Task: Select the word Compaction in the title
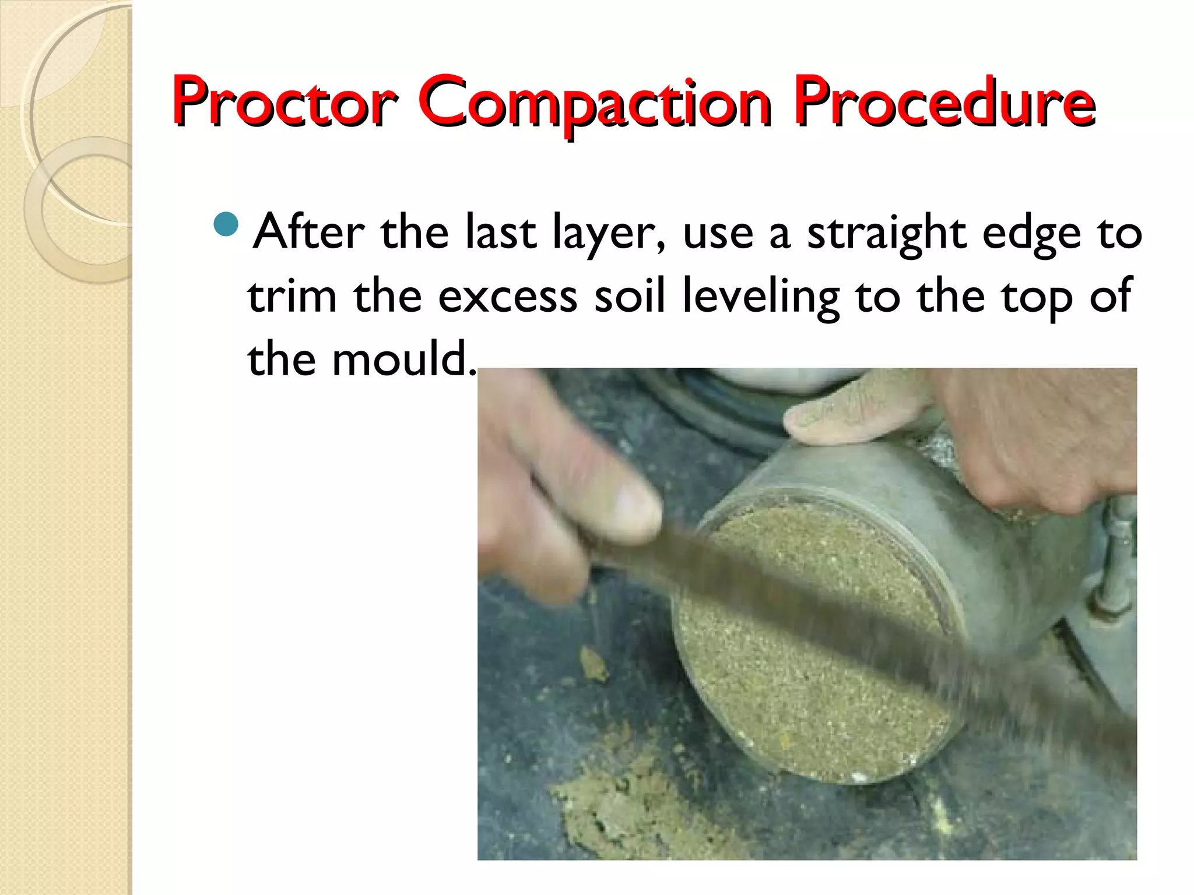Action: point(595,102)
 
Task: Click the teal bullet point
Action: point(226,224)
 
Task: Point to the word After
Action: point(309,232)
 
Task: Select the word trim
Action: point(292,296)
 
